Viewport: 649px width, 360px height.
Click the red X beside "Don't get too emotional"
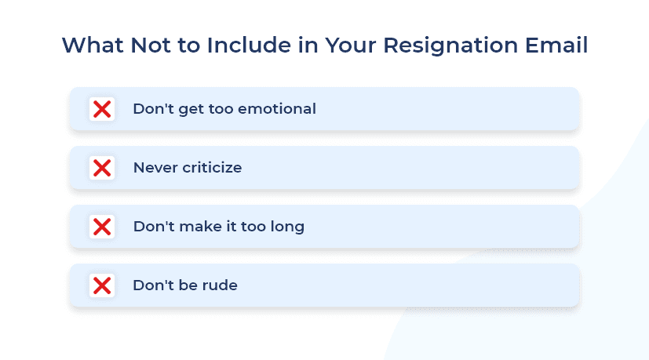pos(102,109)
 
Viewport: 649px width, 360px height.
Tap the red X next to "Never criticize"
pos(102,168)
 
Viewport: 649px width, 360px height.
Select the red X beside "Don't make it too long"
pos(102,227)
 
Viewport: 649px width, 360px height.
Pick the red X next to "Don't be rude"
pos(102,285)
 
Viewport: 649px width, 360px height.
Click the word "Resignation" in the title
pos(450,46)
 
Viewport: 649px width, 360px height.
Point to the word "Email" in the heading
pos(556,45)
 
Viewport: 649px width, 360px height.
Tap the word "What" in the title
pos(93,45)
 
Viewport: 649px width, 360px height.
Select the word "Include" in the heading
pos(250,45)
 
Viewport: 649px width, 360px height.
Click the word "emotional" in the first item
pos(277,109)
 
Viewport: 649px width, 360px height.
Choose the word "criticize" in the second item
pos(212,168)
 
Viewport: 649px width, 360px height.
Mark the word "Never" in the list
pos(155,168)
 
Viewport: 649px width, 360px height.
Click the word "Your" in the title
pos(351,45)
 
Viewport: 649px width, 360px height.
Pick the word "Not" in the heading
pos(151,45)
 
